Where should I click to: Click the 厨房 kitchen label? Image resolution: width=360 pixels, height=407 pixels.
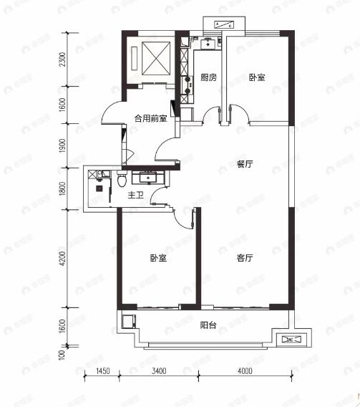pos(208,77)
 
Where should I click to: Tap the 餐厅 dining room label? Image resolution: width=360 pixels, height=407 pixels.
pos(245,164)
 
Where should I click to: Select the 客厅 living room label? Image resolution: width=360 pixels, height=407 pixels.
pos(245,259)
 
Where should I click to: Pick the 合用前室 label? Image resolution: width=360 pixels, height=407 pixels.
pos(151,118)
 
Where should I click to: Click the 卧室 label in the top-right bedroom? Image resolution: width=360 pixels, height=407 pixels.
pos(257,77)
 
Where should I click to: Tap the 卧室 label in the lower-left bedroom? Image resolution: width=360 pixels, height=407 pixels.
pos(158,259)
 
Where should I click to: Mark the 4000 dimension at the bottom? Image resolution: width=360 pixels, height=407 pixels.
pos(245,370)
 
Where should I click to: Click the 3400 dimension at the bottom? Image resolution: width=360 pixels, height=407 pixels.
pos(159,370)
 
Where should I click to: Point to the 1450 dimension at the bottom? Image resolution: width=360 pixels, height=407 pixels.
pos(102,370)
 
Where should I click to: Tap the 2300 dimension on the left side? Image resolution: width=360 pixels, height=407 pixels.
pos(63,60)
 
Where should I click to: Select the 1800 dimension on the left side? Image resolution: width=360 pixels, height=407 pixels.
pos(63,188)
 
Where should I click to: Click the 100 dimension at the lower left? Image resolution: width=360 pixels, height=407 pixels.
pos(63,353)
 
